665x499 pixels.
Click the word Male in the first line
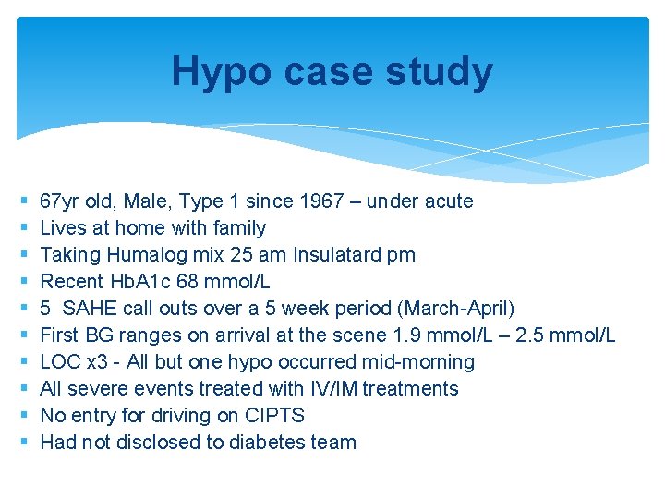click(x=146, y=201)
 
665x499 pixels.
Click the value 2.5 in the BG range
click(x=538, y=335)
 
